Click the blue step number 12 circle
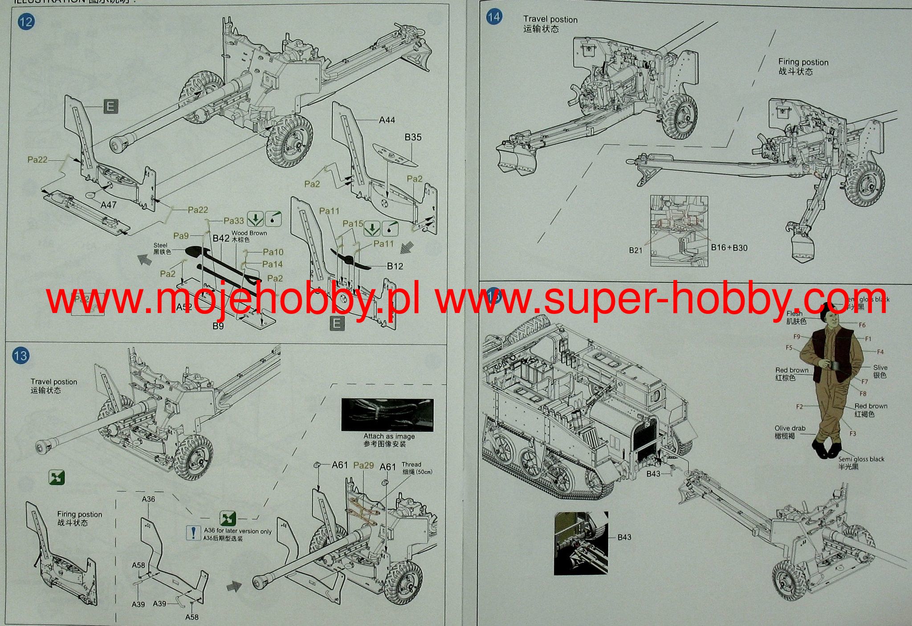26,21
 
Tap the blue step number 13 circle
20,356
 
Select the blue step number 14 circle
494,17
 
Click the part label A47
109,205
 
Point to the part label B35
413,137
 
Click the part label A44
387,120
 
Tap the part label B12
395,266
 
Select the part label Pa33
234,221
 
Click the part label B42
221,238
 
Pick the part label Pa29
363,465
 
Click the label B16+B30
729,247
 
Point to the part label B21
636,250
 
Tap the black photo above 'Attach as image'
387,415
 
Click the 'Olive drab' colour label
790,428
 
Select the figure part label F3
852,433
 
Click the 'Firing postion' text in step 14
803,62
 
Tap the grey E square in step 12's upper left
110,107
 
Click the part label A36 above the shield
148,499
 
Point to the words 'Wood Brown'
249,233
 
